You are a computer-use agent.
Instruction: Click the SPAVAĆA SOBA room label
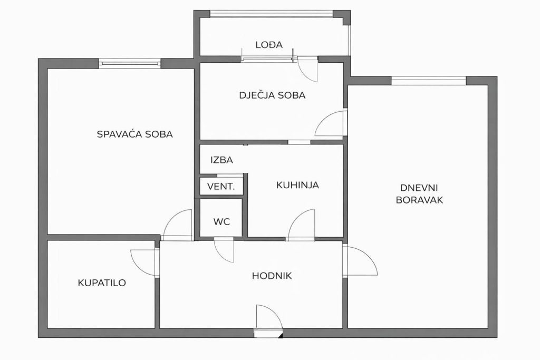point(134,134)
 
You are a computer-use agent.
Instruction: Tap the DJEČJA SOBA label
point(272,95)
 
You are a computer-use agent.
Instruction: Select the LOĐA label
point(269,45)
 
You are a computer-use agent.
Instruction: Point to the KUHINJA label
point(297,185)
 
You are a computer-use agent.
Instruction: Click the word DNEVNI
point(419,188)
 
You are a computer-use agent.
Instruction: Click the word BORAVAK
point(419,200)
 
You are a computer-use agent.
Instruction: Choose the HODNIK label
point(272,276)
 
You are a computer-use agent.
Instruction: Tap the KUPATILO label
point(102,283)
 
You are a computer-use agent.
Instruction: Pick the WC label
point(221,222)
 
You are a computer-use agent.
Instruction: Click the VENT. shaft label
point(221,187)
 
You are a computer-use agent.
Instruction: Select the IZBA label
point(222,160)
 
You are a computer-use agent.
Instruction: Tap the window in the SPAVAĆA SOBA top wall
point(130,63)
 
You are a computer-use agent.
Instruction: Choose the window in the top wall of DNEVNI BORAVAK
point(429,81)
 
